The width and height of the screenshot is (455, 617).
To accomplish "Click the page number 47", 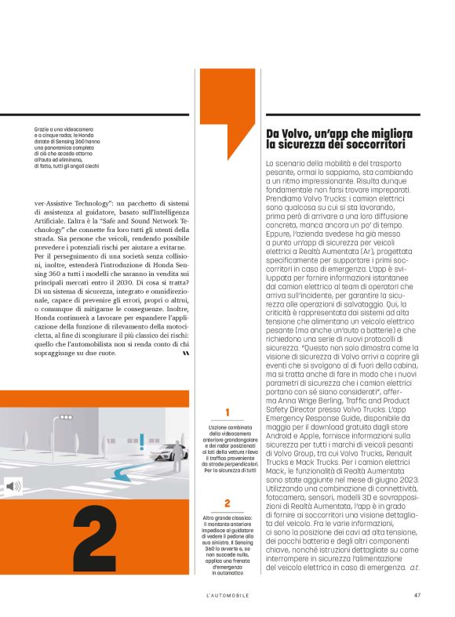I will (x=418, y=593).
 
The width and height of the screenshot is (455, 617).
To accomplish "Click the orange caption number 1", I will (x=227, y=412).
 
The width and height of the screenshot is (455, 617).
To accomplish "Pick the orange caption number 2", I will (x=227, y=481).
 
